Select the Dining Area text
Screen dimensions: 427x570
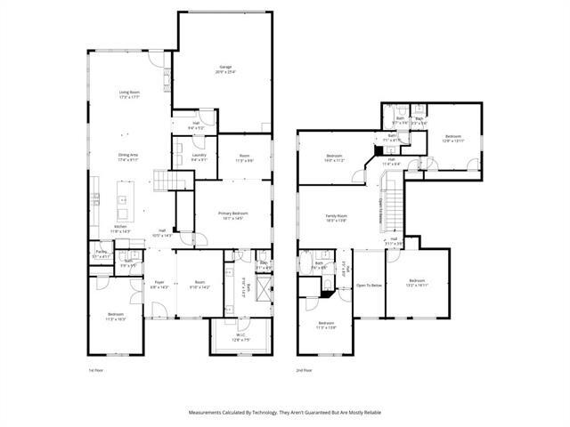(x=129, y=157)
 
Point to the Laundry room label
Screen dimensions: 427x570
(x=199, y=157)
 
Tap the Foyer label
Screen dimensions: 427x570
(x=159, y=284)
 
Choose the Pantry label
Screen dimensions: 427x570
(x=101, y=254)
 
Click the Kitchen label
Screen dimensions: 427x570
(x=120, y=229)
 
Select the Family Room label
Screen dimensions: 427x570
(x=336, y=218)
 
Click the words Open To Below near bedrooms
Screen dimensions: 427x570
(x=369, y=286)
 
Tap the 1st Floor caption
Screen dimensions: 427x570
(x=96, y=369)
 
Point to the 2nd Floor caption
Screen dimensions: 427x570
(x=305, y=369)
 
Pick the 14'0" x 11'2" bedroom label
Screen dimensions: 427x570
(x=333, y=158)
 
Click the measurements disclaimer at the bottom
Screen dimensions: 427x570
(x=284, y=413)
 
